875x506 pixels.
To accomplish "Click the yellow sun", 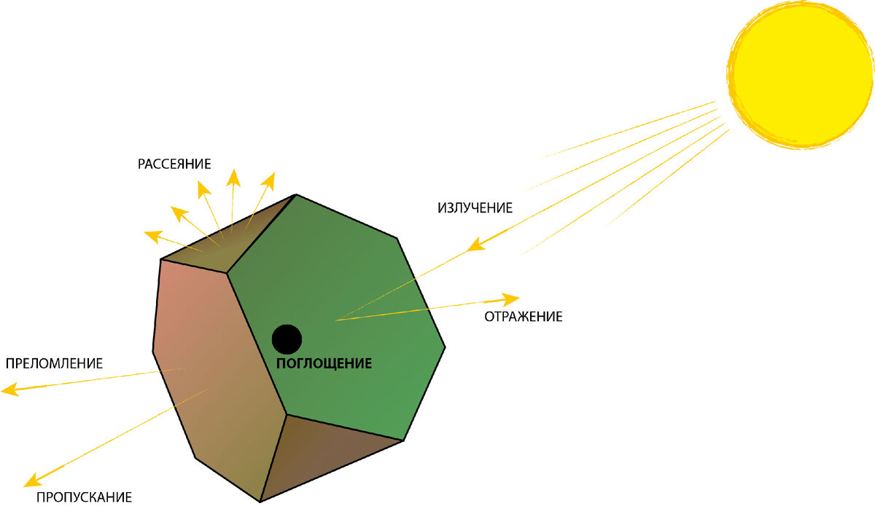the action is coord(801,74).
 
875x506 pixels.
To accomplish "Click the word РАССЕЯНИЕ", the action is coord(174,164).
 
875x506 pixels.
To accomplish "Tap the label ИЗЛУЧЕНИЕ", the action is coord(475,208).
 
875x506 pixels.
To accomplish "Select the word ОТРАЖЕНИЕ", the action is coord(524,317).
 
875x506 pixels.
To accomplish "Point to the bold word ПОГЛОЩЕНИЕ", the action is coord(324,363).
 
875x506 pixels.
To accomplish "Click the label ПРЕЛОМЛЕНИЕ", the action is coord(54,363).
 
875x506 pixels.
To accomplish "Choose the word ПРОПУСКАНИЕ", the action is coord(84,497).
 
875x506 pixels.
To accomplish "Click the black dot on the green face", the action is coord(287,339).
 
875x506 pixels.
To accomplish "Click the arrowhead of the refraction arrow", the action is coord(9,390).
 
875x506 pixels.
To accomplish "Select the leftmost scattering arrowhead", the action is coord(153,236).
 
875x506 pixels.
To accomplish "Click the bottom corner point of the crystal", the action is coord(260,502).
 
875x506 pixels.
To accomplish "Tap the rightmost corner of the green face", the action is coord(446,347).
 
